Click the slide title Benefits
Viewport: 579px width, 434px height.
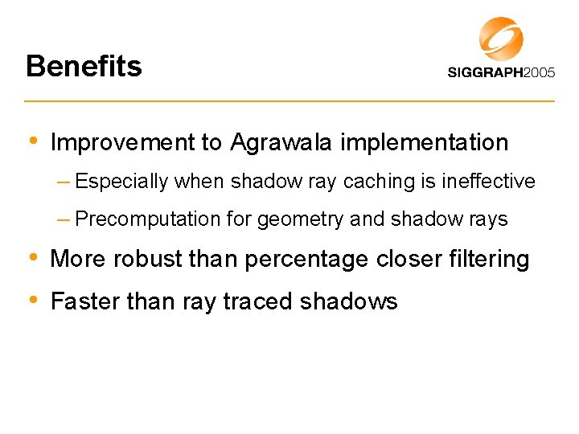pyautogui.click(x=84, y=66)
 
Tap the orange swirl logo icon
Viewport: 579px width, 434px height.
pyautogui.click(x=501, y=39)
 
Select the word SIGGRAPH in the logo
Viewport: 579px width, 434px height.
pyautogui.click(x=487, y=73)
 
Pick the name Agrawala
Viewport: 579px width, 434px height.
pyautogui.click(x=282, y=143)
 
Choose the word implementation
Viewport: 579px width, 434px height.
pyautogui.click(x=425, y=143)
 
